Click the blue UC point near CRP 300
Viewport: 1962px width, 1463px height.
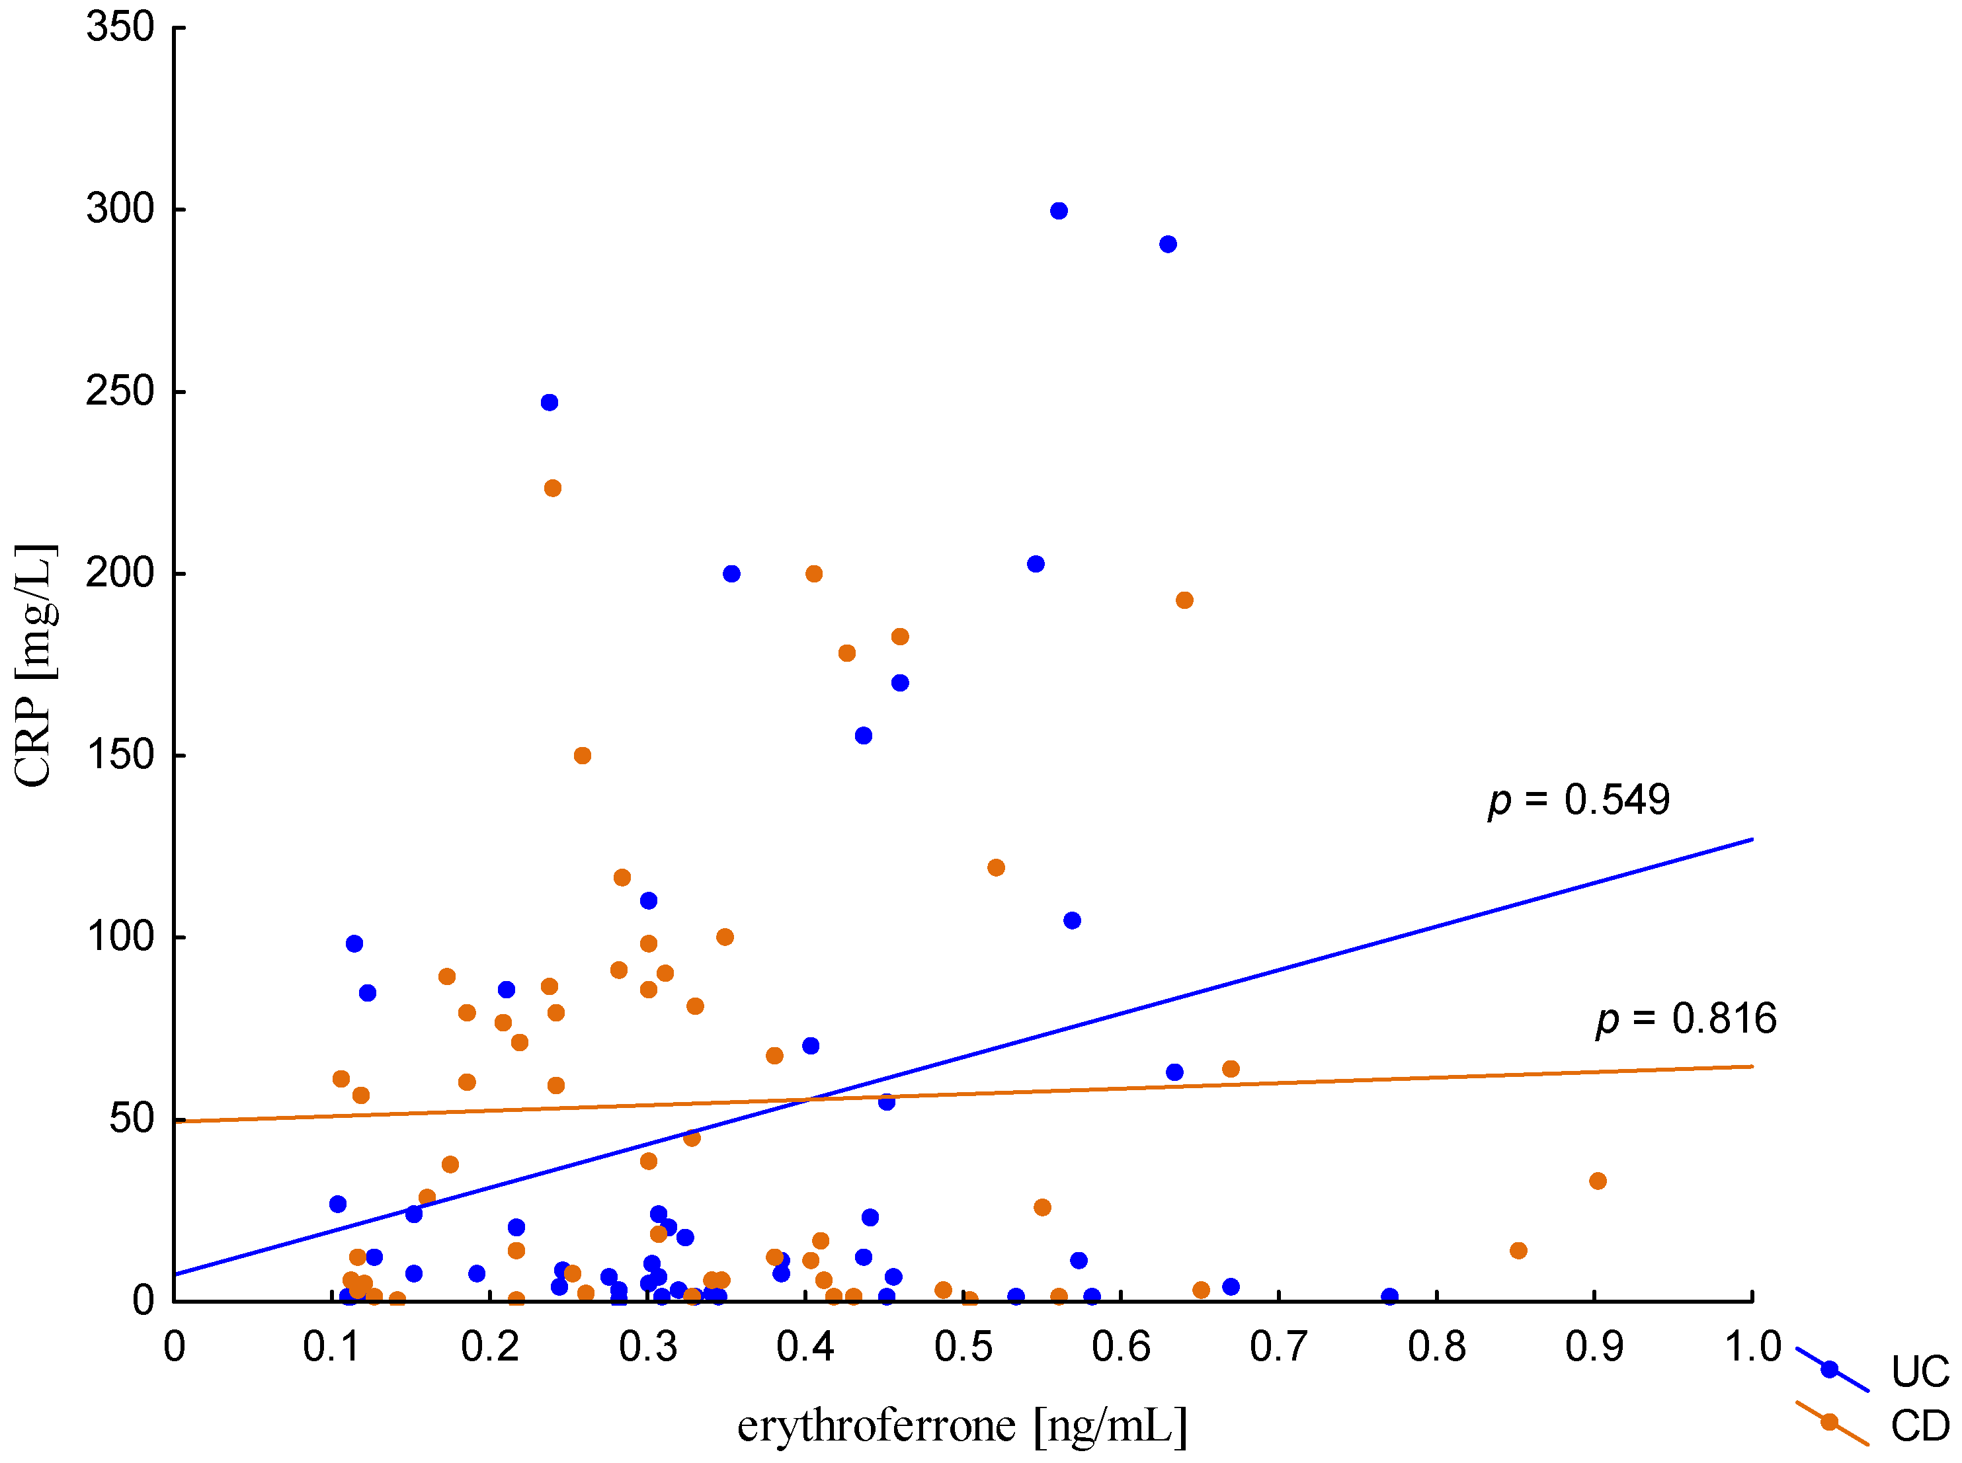pyautogui.click(x=1059, y=211)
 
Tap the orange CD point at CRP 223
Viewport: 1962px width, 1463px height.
pyautogui.click(x=553, y=488)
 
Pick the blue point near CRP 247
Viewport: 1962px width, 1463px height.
pyautogui.click(x=549, y=402)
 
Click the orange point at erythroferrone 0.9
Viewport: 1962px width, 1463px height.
pyautogui.click(x=1598, y=1181)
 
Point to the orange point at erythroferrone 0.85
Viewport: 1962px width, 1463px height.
pyautogui.click(x=1518, y=1250)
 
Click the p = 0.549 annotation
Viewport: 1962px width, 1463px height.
pyautogui.click(x=1578, y=800)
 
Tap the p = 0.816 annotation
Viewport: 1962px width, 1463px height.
pyautogui.click(x=1686, y=1019)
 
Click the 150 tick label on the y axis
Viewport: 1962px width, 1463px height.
pyautogui.click(x=120, y=756)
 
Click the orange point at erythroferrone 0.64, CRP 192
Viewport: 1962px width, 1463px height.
pyautogui.click(x=1184, y=600)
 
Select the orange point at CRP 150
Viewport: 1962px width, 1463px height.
pyautogui.click(x=582, y=756)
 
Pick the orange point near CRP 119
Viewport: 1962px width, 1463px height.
pyautogui.click(x=996, y=867)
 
